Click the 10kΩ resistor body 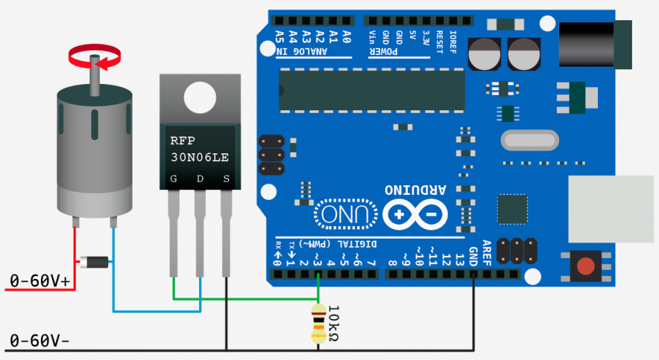(x=318, y=323)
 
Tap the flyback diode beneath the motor (x=94, y=262)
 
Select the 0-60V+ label (x=40, y=280)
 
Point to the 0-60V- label (x=40, y=341)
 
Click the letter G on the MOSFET (x=173, y=180)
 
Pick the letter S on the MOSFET (x=225, y=180)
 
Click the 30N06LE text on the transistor (x=200, y=157)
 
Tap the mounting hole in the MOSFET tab (x=200, y=98)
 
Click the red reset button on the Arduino (x=586, y=266)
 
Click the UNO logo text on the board (x=344, y=215)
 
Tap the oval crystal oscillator (x=529, y=141)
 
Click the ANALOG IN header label (x=303, y=52)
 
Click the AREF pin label (x=486, y=252)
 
